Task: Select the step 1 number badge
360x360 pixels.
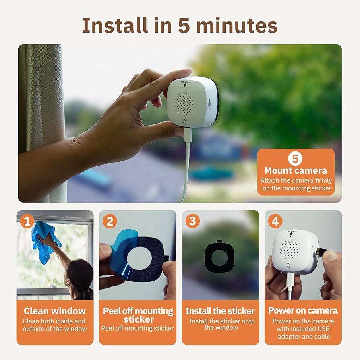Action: (x=27, y=221)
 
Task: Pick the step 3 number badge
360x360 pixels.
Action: (x=192, y=221)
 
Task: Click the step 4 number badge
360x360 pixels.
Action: (x=275, y=221)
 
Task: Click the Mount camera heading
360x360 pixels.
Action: (x=296, y=170)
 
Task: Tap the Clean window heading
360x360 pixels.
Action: (x=55, y=311)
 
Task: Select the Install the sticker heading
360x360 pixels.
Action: (x=220, y=311)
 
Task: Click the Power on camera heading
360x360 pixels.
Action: (x=303, y=311)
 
